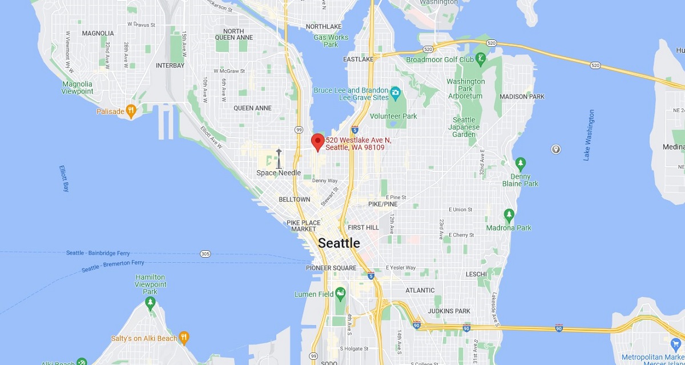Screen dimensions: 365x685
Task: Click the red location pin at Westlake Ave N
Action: click(317, 141)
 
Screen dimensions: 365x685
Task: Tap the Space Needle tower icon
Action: click(279, 159)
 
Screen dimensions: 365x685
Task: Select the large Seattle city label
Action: click(339, 243)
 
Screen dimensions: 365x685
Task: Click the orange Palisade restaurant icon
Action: click(132, 111)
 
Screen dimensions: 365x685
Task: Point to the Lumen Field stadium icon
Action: click(341, 294)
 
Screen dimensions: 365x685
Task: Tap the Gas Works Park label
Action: click(331, 41)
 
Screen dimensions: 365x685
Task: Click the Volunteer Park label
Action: click(393, 116)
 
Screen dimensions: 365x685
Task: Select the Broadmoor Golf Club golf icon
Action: click(481, 58)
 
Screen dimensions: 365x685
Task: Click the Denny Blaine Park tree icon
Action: click(520, 163)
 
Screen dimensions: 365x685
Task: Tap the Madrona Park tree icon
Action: click(509, 215)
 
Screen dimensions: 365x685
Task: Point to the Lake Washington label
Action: click(589, 135)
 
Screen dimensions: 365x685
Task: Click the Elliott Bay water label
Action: click(64, 178)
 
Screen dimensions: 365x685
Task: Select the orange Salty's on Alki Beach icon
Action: click(184, 338)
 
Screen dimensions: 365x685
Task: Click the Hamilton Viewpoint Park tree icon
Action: click(151, 302)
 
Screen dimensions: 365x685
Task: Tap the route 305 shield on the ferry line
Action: click(205, 254)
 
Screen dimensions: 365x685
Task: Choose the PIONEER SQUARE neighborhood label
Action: click(331, 268)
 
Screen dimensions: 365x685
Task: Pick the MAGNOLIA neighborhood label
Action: click(98, 33)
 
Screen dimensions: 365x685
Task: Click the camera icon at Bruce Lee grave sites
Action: click(395, 91)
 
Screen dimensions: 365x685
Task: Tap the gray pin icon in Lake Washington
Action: click(555, 150)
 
